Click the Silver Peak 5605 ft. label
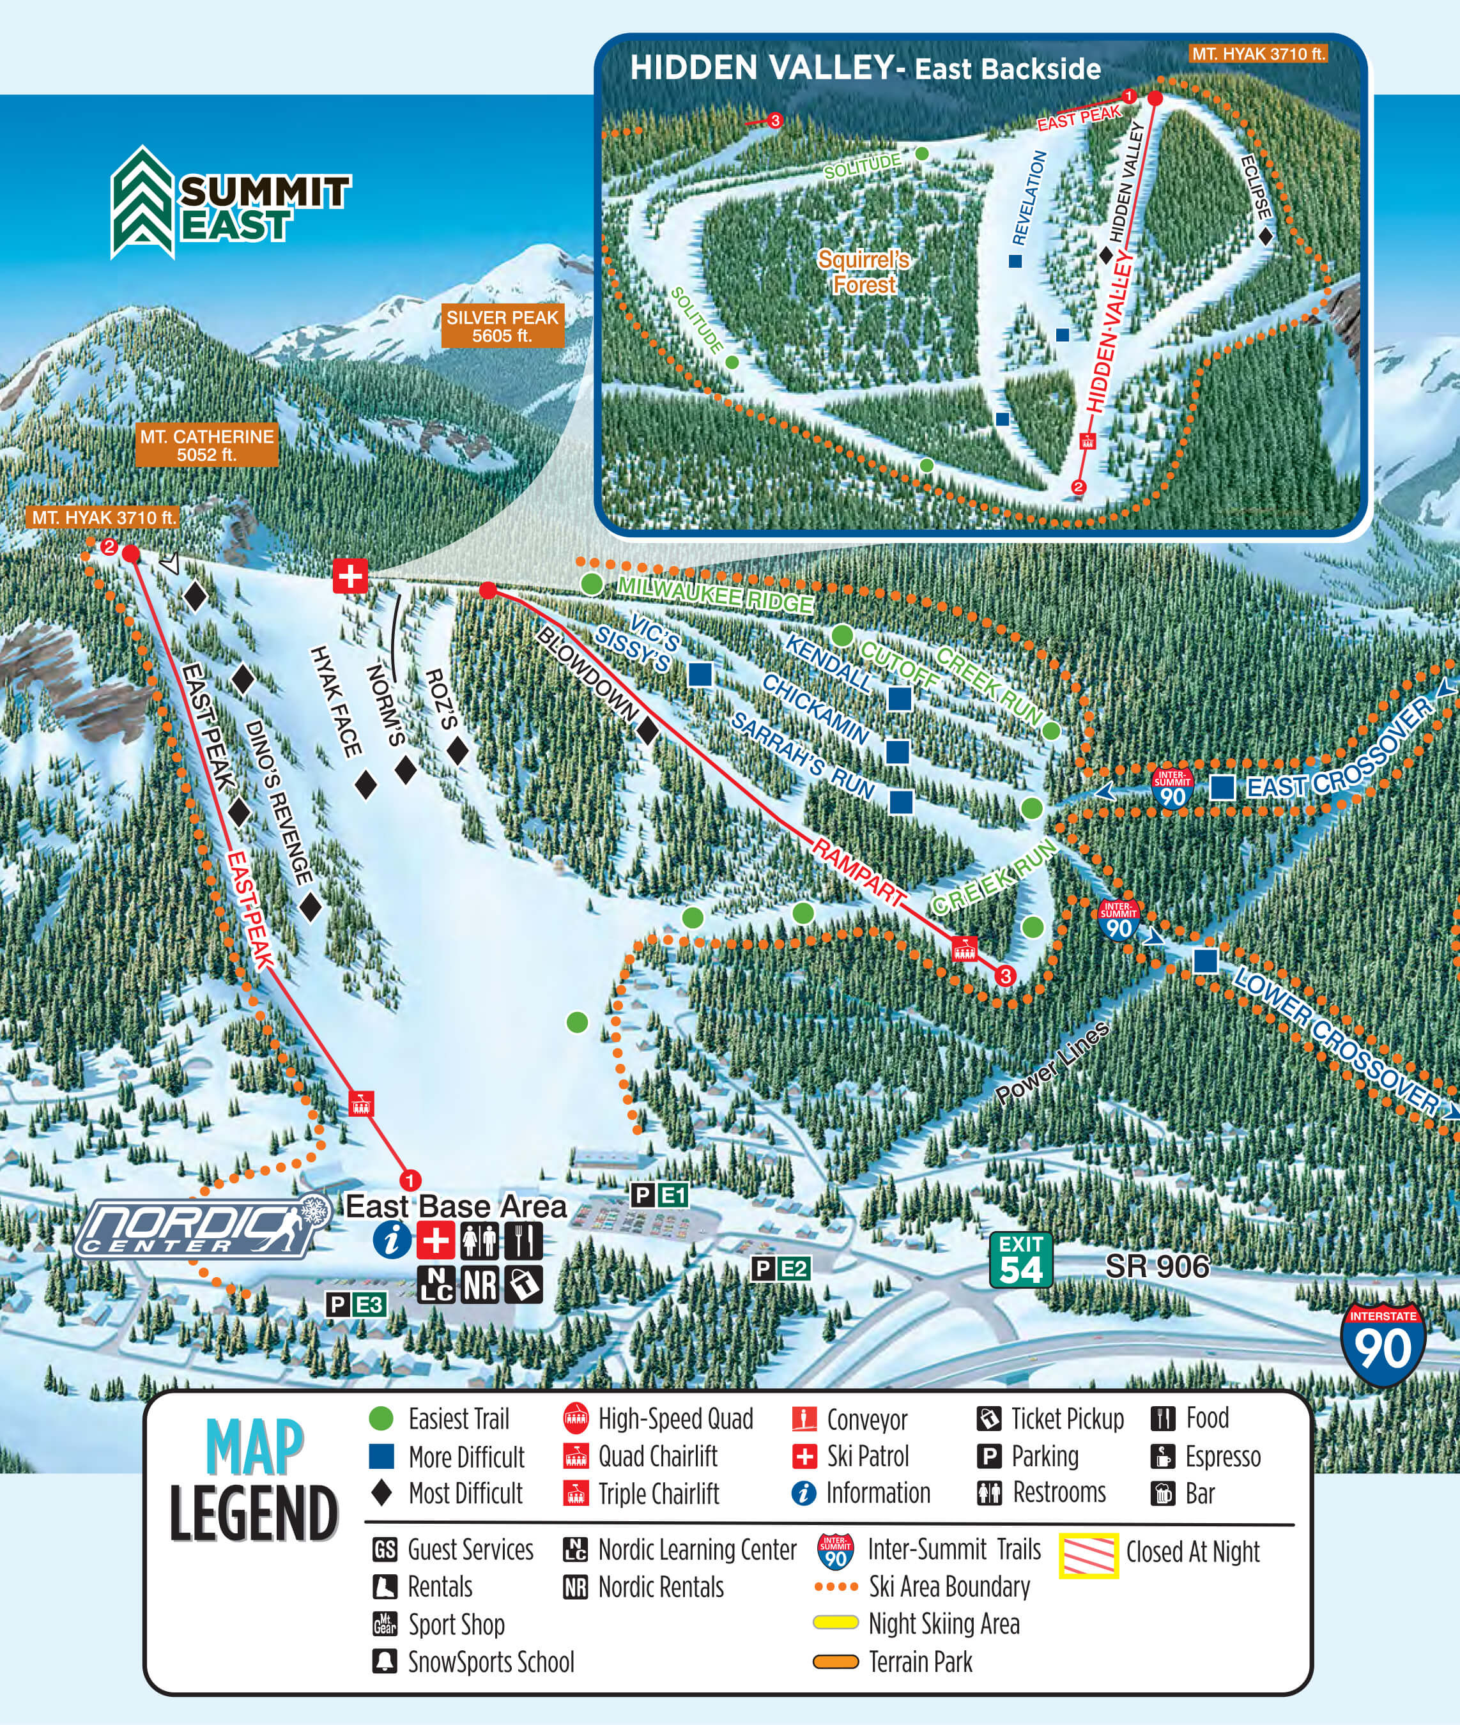coord(502,326)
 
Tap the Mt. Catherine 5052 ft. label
coord(206,445)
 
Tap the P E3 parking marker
coord(356,1305)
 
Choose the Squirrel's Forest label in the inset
coord(863,272)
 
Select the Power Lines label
coord(1051,1064)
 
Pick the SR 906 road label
coord(1157,1266)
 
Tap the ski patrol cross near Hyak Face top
coord(350,575)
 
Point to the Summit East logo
coord(230,203)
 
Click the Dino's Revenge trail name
coord(279,801)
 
